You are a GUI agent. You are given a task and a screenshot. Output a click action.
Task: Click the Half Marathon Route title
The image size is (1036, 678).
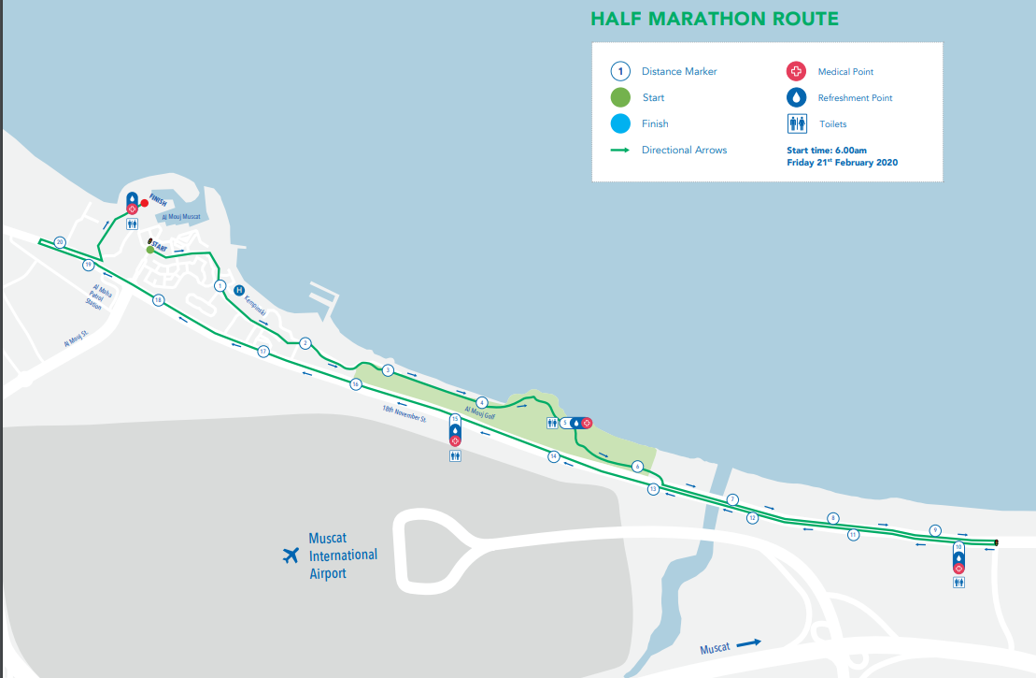coord(714,19)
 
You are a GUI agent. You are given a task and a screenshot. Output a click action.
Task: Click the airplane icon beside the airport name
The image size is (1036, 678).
coord(291,555)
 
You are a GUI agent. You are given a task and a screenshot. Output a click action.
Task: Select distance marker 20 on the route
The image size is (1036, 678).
coord(60,242)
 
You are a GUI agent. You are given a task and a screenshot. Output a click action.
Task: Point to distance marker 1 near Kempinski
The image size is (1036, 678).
coord(220,285)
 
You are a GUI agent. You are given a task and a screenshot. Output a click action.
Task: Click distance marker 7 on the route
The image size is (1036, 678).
coord(733,499)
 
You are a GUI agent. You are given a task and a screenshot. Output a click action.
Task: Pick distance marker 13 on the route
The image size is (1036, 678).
coord(653,489)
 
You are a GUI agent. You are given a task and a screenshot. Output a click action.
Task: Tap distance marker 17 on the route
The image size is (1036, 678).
coord(263,352)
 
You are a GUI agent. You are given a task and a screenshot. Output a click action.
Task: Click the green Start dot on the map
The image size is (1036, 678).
coord(149,250)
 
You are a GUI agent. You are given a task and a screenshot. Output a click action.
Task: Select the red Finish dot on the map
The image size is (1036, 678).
coord(144,202)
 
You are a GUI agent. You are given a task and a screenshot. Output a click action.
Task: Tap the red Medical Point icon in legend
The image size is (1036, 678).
coord(796,71)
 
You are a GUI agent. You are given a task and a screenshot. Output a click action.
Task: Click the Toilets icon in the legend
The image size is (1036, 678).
coord(796,123)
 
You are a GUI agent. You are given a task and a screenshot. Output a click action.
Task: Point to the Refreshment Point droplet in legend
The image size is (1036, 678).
coord(796,97)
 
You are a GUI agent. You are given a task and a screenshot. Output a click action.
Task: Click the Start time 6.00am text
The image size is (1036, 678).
coord(827,150)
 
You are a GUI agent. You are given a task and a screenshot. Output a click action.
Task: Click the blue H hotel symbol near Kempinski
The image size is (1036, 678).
coord(238,290)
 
